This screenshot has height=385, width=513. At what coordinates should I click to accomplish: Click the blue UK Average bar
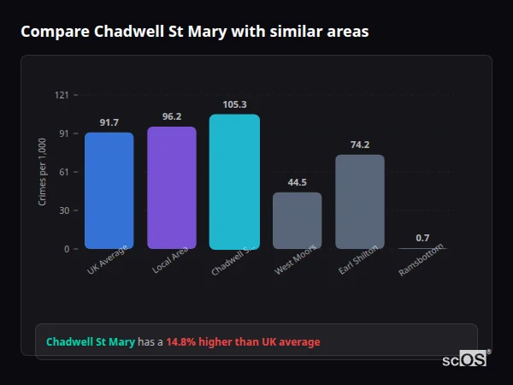pyautogui.click(x=109, y=190)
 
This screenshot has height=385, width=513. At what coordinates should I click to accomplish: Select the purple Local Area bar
pyautogui.click(x=172, y=187)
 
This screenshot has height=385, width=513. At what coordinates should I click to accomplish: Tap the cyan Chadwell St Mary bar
pyautogui.click(x=234, y=181)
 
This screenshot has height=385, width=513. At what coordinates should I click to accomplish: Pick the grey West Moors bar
pyautogui.click(x=298, y=220)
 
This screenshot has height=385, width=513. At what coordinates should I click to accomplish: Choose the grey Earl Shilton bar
pyautogui.click(x=360, y=201)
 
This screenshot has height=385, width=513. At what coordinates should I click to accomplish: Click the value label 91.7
pyautogui.click(x=109, y=122)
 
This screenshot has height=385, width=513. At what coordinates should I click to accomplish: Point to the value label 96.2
pyautogui.click(x=172, y=116)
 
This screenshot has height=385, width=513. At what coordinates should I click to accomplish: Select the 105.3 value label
pyautogui.click(x=234, y=104)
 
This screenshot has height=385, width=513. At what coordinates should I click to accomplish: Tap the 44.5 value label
pyautogui.click(x=298, y=182)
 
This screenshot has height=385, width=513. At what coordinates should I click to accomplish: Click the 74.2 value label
pyautogui.click(x=360, y=145)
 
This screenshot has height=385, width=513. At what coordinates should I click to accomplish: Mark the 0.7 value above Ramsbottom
pyautogui.click(x=422, y=238)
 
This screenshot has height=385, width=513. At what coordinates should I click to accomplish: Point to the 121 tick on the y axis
pyautogui.click(x=62, y=95)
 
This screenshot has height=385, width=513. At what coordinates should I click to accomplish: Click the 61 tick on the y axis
pyautogui.click(x=64, y=172)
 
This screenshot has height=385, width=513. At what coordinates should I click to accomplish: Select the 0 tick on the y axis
pyautogui.click(x=66, y=249)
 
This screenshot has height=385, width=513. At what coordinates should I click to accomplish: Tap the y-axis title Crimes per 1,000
pyautogui.click(x=42, y=171)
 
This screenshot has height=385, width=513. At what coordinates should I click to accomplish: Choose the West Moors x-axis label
pyautogui.click(x=294, y=261)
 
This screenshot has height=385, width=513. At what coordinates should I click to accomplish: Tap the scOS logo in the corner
pyautogui.click(x=465, y=359)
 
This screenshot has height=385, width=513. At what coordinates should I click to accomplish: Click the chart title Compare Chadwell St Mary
pyautogui.click(x=195, y=32)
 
